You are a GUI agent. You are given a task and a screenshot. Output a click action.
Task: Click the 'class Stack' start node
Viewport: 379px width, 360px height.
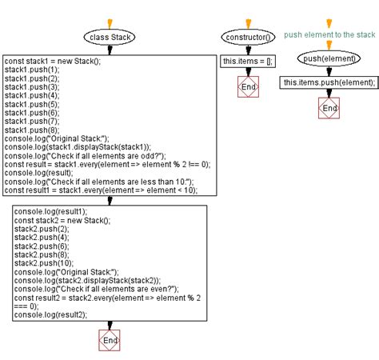[x=110, y=37]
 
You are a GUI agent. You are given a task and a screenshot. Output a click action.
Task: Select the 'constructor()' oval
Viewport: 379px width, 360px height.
[x=247, y=37]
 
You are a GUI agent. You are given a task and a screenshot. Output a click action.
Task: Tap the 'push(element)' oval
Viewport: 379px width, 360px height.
[x=329, y=58]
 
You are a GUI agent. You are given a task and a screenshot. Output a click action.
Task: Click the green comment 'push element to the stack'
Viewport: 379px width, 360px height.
[x=329, y=35]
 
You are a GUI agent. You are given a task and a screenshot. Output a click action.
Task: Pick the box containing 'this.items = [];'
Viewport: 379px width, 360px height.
[x=248, y=61]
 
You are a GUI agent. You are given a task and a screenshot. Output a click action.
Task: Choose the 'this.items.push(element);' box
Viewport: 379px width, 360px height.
[x=329, y=82]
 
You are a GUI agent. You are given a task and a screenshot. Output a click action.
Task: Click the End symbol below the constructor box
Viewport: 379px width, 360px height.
[x=249, y=86]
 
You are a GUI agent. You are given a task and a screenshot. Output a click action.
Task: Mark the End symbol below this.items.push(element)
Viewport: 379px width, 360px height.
[x=329, y=108]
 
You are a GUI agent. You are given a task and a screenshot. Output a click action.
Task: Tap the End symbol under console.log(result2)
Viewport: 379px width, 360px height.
[x=110, y=341]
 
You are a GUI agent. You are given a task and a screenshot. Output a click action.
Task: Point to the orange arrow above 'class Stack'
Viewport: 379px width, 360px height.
[x=110, y=22]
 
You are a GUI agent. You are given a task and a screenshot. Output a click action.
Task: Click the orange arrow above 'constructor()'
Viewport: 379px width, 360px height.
[x=247, y=22]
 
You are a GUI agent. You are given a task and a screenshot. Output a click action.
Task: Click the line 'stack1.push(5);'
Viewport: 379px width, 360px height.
[x=29, y=104]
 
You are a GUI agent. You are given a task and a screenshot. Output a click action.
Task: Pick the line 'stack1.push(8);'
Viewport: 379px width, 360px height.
[x=29, y=130]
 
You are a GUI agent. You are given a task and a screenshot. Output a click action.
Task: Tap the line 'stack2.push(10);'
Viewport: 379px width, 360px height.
[x=40, y=262]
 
